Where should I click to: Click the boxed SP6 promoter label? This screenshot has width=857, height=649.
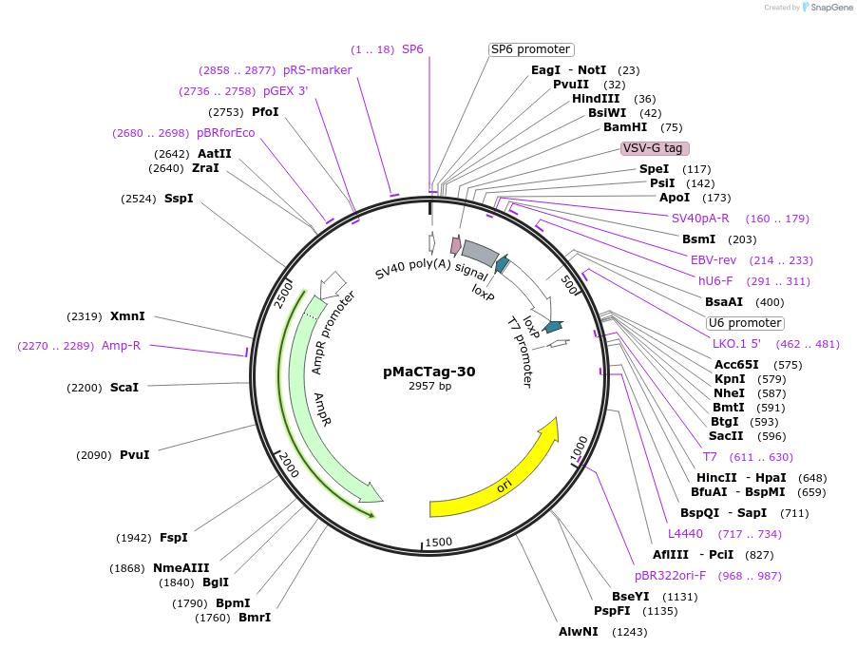click(531, 49)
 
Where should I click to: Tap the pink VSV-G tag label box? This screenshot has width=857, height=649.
click(655, 148)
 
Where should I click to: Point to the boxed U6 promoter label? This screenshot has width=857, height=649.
click(745, 323)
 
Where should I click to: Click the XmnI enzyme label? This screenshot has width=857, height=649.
click(127, 316)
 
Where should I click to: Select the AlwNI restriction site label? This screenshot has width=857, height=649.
click(579, 631)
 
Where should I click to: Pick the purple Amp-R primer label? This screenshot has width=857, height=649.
click(121, 346)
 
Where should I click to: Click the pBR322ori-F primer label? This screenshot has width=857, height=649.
click(671, 575)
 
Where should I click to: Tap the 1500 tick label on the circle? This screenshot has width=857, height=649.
click(439, 541)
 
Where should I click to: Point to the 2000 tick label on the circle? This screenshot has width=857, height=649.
click(289, 466)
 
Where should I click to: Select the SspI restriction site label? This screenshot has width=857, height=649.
click(179, 199)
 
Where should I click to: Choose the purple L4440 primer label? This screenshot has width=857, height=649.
click(685, 534)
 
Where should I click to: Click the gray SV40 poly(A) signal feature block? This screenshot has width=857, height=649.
click(480, 253)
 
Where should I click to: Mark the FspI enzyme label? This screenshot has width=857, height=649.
click(174, 538)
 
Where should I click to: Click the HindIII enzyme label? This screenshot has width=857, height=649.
click(596, 99)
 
